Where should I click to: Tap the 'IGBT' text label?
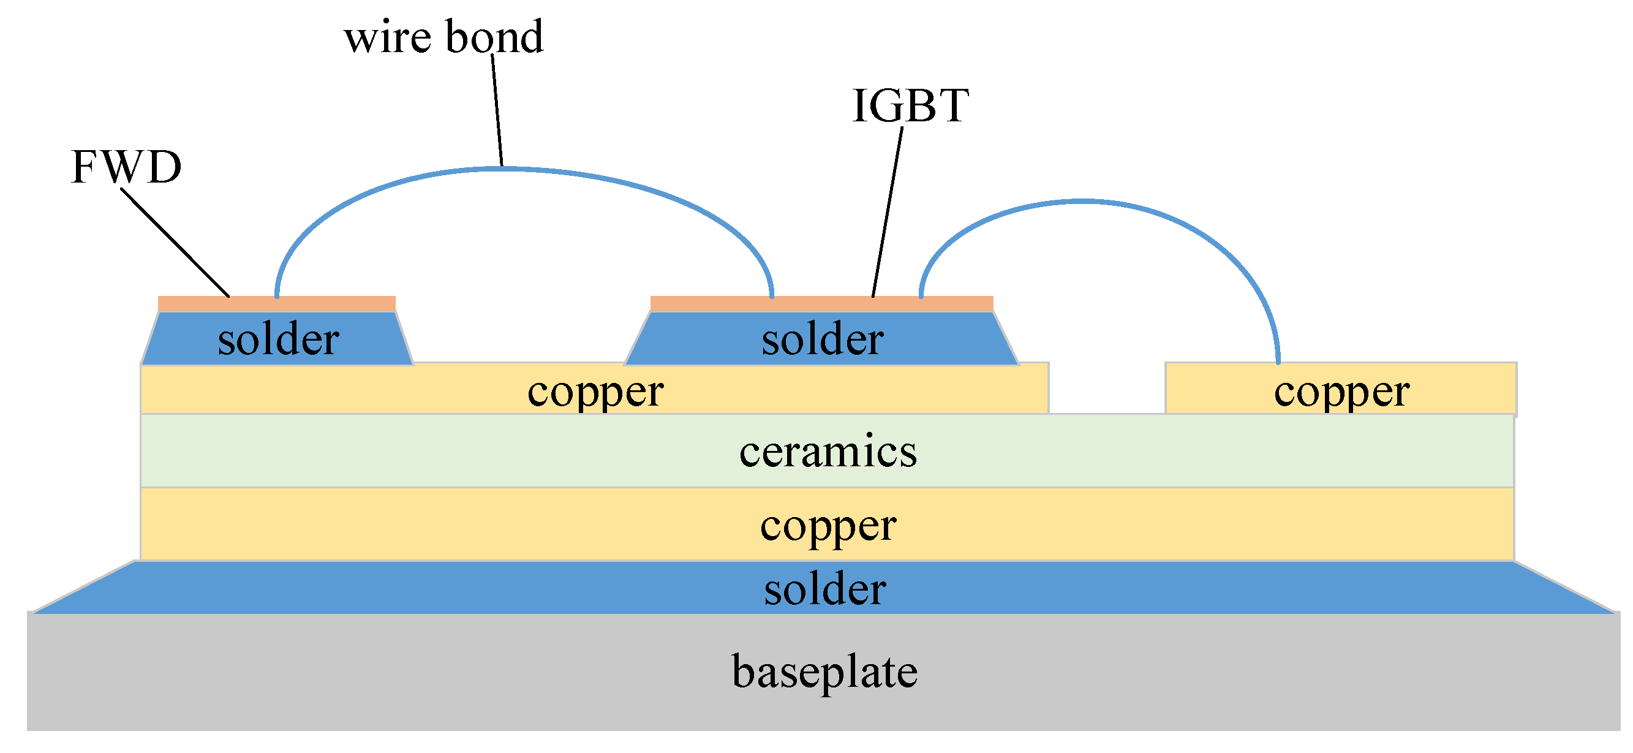tap(910, 105)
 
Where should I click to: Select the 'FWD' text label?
tap(126, 167)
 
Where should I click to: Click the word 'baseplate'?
tap(824, 672)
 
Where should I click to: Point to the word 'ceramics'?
tap(828, 452)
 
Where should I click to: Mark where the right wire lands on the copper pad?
tap(1278, 361)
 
